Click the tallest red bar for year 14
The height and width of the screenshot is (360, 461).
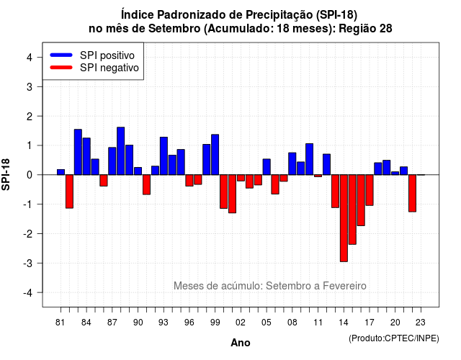tap(344, 218)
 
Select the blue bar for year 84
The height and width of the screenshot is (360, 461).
tap(86, 156)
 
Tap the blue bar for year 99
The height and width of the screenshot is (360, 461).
tap(215, 155)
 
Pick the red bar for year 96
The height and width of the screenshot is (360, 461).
tap(189, 181)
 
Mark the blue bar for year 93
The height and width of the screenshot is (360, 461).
tap(164, 156)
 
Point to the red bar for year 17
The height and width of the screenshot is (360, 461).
tap(370, 190)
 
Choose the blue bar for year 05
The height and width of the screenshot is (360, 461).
tap(267, 167)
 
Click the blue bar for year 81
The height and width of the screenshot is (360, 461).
tap(61, 172)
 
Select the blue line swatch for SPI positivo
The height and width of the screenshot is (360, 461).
tap(61, 55)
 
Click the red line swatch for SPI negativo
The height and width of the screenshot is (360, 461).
tap(61, 68)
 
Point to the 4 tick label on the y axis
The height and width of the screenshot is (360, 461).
tap(30, 58)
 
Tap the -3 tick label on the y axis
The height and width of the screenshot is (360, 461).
tap(28, 264)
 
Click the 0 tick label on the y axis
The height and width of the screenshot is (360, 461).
tap(30, 175)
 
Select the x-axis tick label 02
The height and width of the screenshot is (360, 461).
tap(241, 323)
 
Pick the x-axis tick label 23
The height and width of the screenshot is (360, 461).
tap(421, 323)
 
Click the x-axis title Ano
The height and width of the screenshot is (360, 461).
tap(241, 343)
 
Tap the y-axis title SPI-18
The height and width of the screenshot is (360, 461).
tap(6, 174)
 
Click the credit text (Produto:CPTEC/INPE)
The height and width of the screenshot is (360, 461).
tap(394, 338)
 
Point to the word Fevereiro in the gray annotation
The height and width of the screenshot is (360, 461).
tap(344, 286)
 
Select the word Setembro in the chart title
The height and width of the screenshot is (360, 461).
tap(174, 29)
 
